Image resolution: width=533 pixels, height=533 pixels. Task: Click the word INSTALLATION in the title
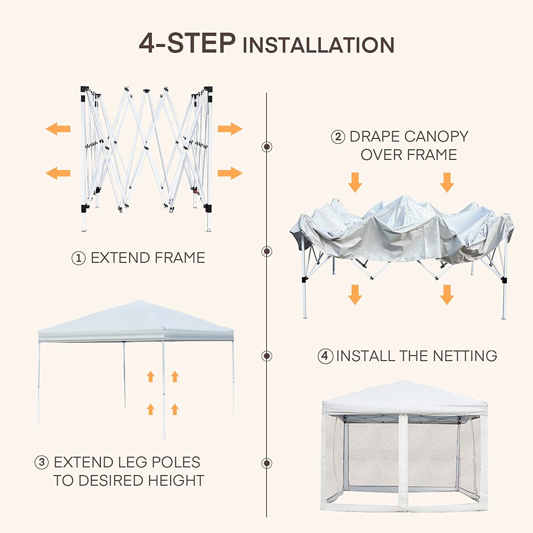coord(318,45)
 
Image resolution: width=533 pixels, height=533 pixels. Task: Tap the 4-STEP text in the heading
coord(187,43)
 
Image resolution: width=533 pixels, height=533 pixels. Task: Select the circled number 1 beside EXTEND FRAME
coord(79,258)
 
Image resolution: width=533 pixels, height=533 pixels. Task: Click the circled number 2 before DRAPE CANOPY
coord(338,137)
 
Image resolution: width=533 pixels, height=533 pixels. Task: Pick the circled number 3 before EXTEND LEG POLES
coord(42,462)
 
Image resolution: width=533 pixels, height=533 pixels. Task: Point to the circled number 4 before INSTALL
coord(325,356)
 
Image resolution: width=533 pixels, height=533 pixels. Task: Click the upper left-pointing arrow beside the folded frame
coord(58,129)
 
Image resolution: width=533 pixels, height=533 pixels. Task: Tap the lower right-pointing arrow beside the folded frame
coord(230,173)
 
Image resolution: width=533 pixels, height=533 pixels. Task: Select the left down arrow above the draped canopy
coord(355,182)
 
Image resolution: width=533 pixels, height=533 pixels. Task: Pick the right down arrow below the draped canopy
coord(447,295)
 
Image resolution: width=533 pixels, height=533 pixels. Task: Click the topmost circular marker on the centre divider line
coord(266,146)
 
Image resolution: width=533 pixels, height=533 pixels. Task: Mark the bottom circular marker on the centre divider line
coord(266,463)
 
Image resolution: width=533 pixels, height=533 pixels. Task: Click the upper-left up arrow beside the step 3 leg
coord(151,376)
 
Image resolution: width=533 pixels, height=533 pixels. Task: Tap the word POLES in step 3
coord(176,462)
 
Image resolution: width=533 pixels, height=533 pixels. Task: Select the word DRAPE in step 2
coord(375,136)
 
